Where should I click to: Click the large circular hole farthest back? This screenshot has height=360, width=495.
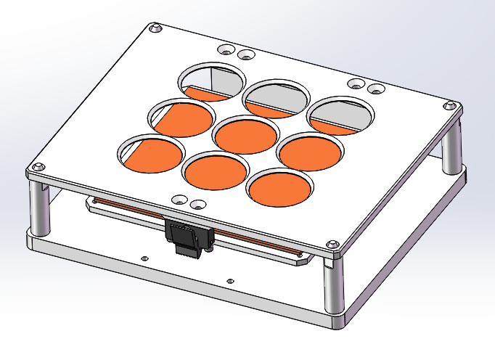pos(213,81)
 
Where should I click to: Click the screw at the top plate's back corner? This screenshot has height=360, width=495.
pos(155,28)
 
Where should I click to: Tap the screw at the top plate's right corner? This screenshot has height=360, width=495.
pos(454,107)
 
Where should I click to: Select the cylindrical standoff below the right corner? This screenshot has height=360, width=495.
pos(450,149)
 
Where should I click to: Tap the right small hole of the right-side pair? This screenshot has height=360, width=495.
pos(376,89)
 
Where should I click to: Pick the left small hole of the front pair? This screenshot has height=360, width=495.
pos(178,198)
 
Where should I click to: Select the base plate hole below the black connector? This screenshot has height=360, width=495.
pos(230,280)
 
